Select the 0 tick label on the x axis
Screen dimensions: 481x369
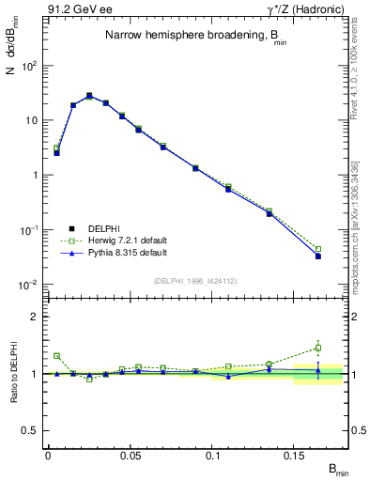pos(48,456)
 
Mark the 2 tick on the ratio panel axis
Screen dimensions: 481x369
pos(34,317)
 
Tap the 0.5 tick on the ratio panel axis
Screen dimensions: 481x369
pos(30,430)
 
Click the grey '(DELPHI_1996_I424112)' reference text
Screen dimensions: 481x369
pos(194,279)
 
